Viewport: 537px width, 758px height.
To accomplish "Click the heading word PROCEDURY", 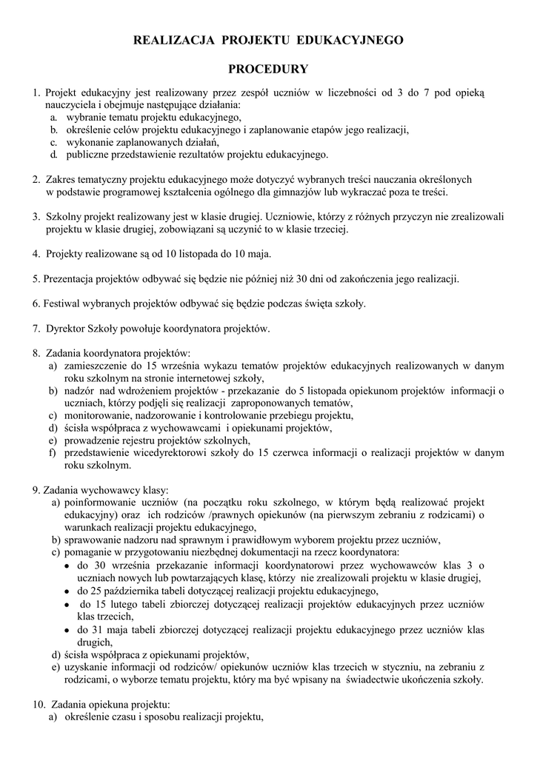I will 268,70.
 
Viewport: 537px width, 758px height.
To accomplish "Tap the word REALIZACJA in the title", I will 166,40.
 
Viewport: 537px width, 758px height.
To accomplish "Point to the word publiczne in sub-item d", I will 88,155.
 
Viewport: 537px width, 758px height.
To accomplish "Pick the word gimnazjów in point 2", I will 316,191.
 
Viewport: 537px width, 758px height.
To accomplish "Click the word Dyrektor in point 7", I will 66,328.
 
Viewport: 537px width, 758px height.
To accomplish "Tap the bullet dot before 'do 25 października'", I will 68,591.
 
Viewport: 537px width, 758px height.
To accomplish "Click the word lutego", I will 127,604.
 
